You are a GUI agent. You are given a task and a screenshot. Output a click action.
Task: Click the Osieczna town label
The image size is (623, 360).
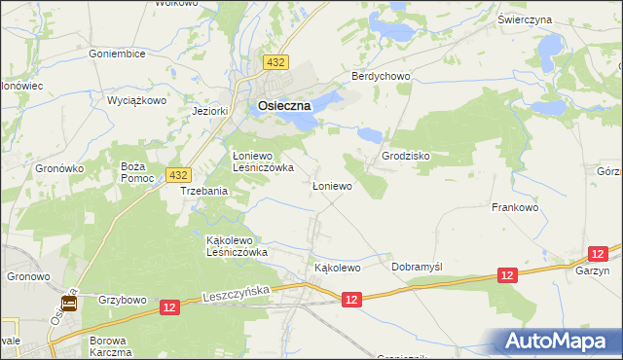point(284,106)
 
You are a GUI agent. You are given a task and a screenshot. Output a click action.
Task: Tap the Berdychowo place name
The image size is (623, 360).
point(382,77)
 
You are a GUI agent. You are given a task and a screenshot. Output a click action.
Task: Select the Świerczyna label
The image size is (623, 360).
point(525,19)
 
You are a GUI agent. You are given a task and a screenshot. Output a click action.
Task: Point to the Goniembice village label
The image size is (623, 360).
point(117,54)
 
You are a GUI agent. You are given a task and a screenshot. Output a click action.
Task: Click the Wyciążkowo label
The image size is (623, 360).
point(137,100)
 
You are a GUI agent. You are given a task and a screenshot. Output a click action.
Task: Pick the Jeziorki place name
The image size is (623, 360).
point(210,111)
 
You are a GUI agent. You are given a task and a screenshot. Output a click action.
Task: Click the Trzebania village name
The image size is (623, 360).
point(203,192)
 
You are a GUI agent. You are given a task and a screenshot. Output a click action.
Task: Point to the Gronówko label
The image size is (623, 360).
point(61,168)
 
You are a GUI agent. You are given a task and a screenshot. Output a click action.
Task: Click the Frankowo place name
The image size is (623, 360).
point(516,207)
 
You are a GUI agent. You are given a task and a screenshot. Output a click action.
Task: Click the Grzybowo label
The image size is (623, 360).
point(122,300)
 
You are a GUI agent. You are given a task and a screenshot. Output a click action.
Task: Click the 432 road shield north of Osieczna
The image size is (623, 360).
point(275,62)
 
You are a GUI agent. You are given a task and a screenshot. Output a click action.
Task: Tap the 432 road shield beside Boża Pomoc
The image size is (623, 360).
point(177,175)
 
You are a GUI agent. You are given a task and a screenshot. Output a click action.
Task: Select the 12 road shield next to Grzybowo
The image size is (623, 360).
point(169,306)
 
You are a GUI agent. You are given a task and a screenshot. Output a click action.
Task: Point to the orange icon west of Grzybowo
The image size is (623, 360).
point(69,302)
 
